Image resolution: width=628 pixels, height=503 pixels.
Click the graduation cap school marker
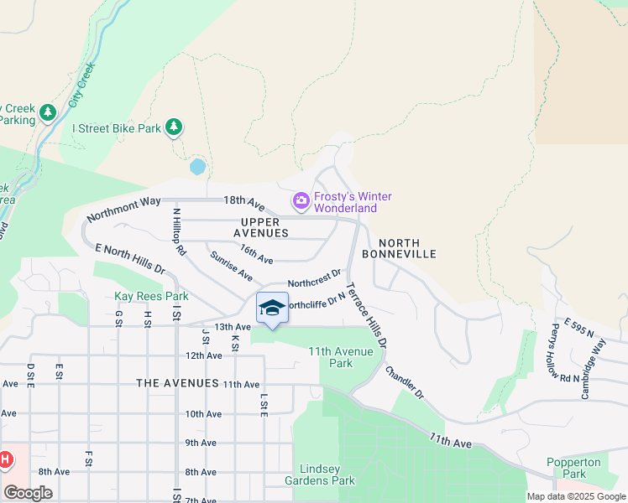click(272, 309)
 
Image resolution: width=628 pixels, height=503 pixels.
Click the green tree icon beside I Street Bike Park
click(174, 127)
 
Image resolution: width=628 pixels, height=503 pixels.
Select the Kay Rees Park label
click(151, 296)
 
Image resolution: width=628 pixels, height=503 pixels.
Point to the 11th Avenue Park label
click(342, 357)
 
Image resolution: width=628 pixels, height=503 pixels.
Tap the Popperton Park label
click(573, 468)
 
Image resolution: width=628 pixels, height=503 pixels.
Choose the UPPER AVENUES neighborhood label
click(260, 227)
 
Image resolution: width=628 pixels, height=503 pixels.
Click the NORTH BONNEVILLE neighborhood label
click(399, 246)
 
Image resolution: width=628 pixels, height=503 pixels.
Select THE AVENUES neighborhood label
click(177, 383)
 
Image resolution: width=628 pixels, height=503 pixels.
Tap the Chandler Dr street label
click(405, 381)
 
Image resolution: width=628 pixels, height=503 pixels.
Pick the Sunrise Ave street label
click(232, 266)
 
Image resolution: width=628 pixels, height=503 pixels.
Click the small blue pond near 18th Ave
click(197, 167)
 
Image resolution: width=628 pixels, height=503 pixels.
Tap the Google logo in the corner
click(28, 493)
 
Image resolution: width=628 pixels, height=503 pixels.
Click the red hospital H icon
click(5, 459)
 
